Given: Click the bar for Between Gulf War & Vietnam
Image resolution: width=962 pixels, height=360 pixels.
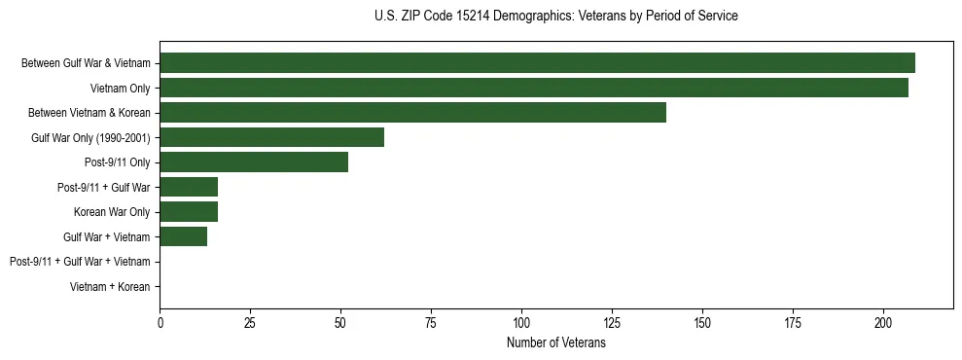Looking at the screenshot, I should pyautogui.click(x=537, y=63).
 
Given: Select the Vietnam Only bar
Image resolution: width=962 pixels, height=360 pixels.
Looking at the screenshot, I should pyautogui.click(x=534, y=88).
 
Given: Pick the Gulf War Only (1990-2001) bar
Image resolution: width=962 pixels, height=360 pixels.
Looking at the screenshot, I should pyautogui.click(x=271, y=137).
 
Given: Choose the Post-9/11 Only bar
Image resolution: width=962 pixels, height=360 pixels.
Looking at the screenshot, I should pyautogui.click(x=254, y=162).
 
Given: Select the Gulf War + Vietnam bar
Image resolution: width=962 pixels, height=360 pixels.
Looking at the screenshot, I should pyautogui.click(x=183, y=236).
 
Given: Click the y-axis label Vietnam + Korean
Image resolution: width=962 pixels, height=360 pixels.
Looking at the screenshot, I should pyautogui.click(x=111, y=287).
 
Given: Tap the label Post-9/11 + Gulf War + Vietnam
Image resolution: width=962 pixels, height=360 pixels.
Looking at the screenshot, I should pyautogui.click(x=80, y=262).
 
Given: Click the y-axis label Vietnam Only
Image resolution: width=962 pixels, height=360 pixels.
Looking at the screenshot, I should pyautogui.click(x=120, y=89).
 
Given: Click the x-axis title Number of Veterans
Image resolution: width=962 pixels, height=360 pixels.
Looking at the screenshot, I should pyautogui.click(x=555, y=343).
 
